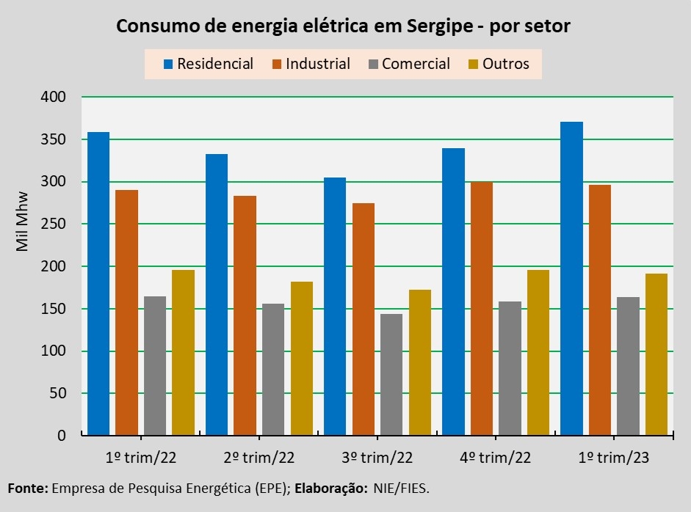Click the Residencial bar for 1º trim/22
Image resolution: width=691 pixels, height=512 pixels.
(98, 284)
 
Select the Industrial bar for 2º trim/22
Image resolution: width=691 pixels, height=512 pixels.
(245, 315)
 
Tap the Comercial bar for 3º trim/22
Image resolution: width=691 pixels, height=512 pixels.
(391, 375)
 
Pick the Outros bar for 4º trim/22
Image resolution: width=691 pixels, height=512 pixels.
(538, 353)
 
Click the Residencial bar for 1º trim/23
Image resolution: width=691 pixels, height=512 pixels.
(571, 279)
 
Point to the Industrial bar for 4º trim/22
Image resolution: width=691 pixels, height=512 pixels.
(481, 309)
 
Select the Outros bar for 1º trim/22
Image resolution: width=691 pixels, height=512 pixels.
(184, 353)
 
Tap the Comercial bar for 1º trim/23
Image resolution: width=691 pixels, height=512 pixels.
(628, 366)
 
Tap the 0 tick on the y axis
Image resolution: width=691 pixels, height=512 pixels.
(62, 436)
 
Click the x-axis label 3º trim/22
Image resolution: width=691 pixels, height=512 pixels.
(377, 458)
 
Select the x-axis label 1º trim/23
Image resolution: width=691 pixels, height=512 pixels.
(614, 458)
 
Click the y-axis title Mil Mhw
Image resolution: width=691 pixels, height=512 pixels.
(22, 222)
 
